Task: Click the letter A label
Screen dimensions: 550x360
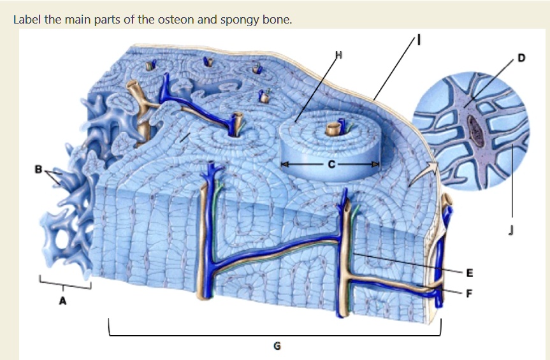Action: (x=62, y=301)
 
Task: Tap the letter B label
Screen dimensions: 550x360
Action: (x=39, y=169)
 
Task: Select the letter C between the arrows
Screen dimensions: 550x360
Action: (x=331, y=164)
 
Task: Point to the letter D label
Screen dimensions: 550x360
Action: (x=521, y=58)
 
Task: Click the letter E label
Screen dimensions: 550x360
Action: (x=470, y=273)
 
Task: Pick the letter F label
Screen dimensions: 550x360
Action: (x=469, y=293)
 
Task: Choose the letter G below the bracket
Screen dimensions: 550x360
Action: (x=277, y=346)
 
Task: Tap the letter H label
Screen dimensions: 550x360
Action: (x=338, y=55)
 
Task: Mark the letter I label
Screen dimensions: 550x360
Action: (x=418, y=41)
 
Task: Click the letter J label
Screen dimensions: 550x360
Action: (x=510, y=230)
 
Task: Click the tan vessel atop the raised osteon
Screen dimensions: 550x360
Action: (x=331, y=129)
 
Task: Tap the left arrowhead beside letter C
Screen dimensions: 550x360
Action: (x=284, y=164)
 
